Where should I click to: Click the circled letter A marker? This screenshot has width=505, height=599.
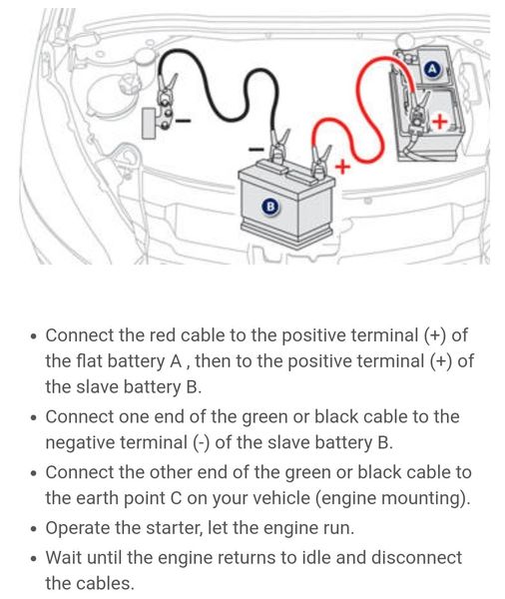[x=432, y=70]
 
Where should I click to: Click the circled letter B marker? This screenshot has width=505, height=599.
[x=270, y=207]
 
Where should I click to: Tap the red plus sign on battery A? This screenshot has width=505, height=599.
[x=439, y=122]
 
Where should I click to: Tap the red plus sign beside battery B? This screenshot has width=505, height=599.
[x=342, y=167]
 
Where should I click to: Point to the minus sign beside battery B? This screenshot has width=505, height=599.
[x=255, y=149]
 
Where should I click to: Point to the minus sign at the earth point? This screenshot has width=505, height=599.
[x=183, y=121]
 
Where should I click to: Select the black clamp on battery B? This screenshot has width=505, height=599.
[x=278, y=146]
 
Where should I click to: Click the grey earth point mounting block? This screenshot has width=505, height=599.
[x=149, y=124]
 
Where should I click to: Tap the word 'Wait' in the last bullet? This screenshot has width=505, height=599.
[x=64, y=557]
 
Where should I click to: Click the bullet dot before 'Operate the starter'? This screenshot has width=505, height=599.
[x=34, y=529]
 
